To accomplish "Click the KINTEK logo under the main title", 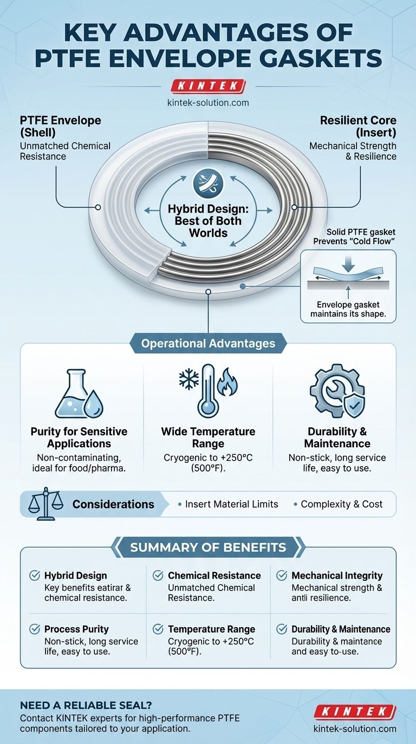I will point(209,85).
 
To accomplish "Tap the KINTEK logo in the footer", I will point(355,711).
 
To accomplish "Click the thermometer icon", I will point(207,390).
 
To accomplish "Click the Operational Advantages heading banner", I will point(208,343).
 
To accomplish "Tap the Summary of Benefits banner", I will point(208,547).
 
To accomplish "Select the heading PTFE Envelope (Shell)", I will point(61,126).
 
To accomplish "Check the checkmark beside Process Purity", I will point(35,629).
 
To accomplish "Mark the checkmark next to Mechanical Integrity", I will point(282,576).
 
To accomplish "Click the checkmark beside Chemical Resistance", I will point(158,576).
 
